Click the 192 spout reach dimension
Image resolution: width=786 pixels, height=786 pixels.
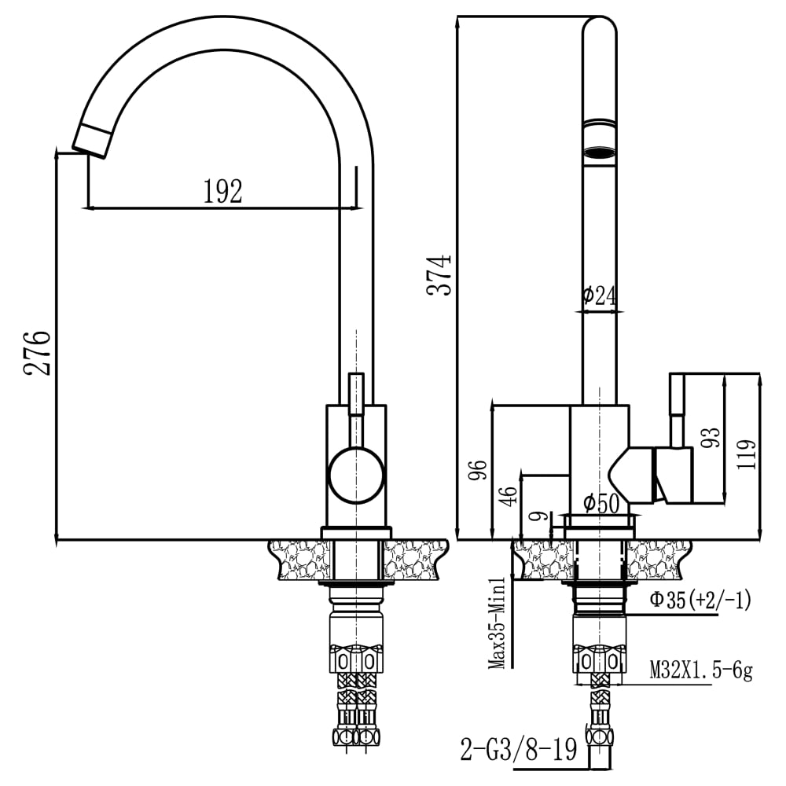pos(222,191)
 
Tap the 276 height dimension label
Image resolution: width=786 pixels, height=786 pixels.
pos(37,352)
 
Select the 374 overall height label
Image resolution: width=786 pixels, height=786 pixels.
pos(439,274)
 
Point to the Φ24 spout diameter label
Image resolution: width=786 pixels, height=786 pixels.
pos(600,296)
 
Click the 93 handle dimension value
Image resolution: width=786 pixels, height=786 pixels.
pos(711,437)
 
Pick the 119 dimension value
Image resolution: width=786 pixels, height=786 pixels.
pos(747,454)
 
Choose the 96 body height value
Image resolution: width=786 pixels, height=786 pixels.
pos(477,469)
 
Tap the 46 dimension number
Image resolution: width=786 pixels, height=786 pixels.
pos(509,496)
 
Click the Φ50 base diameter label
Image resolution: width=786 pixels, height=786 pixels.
pos(601,503)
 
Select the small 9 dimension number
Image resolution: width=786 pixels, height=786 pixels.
pos(539,516)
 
